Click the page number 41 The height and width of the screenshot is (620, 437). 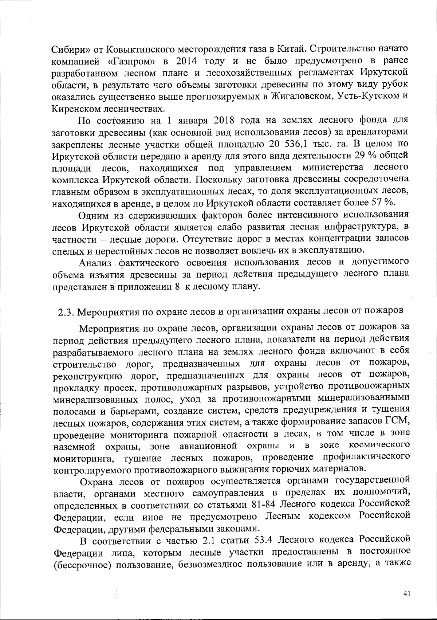[x=407, y=593]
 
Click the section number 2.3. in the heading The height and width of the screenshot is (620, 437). [x=66, y=311]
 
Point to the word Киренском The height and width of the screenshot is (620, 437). [x=74, y=109]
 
